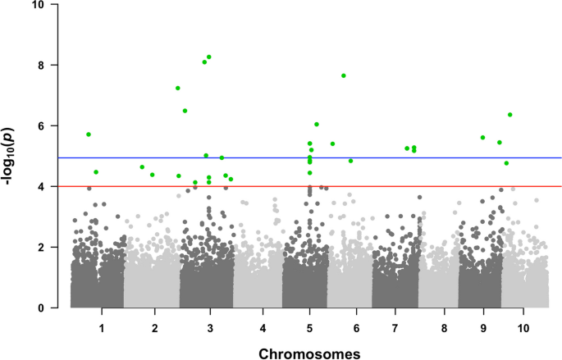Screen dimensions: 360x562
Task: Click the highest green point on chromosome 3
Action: pos(209,57)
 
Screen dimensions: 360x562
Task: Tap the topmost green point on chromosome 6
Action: pos(344,75)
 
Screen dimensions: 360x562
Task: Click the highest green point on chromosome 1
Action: pos(89,134)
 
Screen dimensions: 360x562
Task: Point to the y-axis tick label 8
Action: pos(53,65)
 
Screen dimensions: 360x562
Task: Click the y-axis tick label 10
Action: pos(51,5)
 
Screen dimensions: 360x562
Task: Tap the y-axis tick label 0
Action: pos(53,308)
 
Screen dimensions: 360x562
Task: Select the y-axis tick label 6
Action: pos(53,125)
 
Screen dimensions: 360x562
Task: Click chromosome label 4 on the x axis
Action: pos(263,328)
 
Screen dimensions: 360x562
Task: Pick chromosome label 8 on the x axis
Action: pos(444,328)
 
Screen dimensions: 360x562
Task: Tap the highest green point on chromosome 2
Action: pos(142,167)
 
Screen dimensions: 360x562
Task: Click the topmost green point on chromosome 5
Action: pos(317,124)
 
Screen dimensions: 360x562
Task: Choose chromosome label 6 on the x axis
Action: pos(356,328)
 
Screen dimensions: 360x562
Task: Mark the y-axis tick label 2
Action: pos(53,248)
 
